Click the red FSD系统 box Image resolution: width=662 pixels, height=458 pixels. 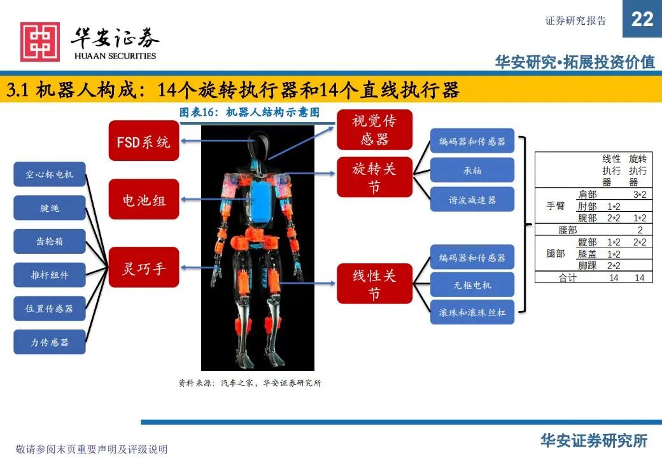click(143, 141)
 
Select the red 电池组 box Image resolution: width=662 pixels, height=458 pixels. click(143, 200)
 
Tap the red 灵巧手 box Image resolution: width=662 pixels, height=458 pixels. click(143, 268)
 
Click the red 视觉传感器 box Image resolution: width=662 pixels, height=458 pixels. click(374, 130)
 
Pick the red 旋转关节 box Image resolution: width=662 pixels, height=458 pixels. click(374, 177)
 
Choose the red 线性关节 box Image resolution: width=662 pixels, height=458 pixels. click(374, 284)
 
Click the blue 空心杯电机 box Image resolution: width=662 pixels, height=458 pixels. click(50, 174)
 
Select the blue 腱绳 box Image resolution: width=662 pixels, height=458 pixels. click(50, 208)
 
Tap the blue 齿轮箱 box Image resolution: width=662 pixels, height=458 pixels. click(50, 242)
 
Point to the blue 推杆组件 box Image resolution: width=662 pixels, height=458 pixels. click(50, 275)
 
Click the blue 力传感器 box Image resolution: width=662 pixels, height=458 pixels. click(50, 342)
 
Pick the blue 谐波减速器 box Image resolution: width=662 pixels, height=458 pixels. click(472, 200)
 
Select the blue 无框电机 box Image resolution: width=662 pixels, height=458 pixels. click(472, 285)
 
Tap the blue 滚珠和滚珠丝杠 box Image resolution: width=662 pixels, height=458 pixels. click(472, 313)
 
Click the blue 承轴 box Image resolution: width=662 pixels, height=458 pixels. click(472, 170)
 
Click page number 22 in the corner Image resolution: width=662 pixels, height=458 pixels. click(642, 19)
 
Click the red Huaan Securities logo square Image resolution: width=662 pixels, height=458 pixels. click(40, 42)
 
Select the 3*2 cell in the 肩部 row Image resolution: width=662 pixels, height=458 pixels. click(639, 195)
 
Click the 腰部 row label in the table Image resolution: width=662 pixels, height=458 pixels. click(567, 230)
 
